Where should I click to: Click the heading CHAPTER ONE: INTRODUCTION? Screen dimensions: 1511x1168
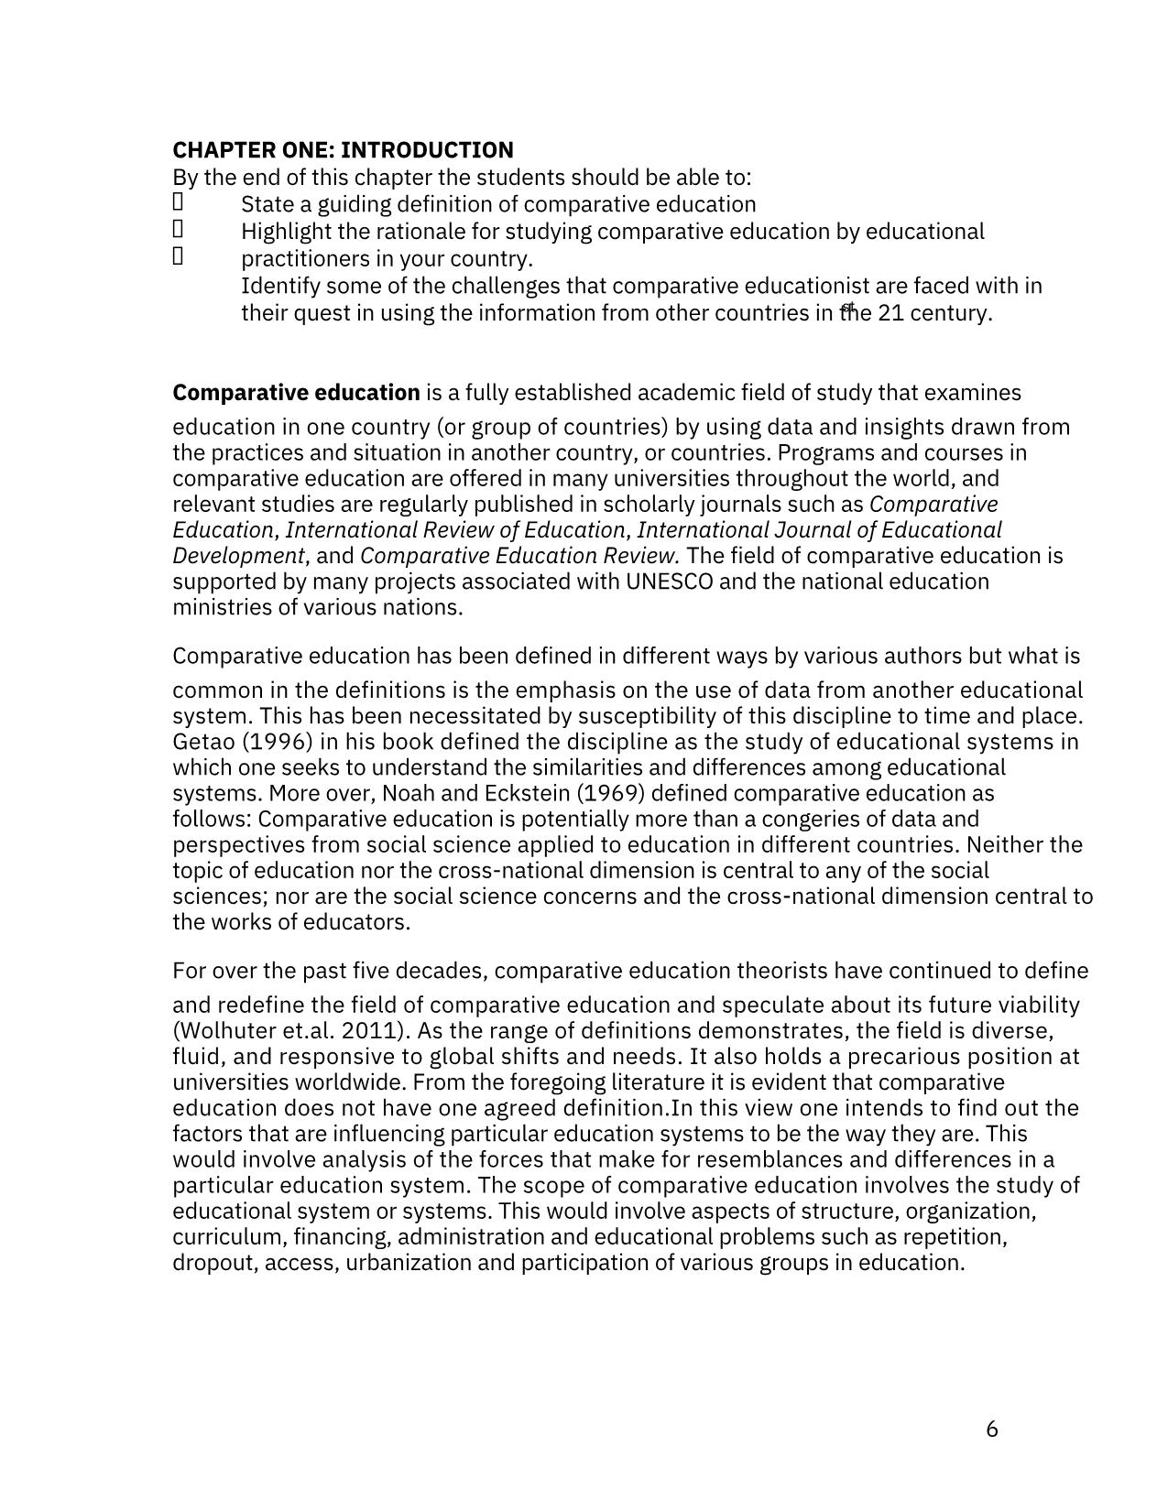[x=343, y=150]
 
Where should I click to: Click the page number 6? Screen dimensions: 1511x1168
[x=992, y=1429]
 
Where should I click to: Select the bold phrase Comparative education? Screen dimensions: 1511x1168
[x=296, y=393]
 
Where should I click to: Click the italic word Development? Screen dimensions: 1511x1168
[x=238, y=556]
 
